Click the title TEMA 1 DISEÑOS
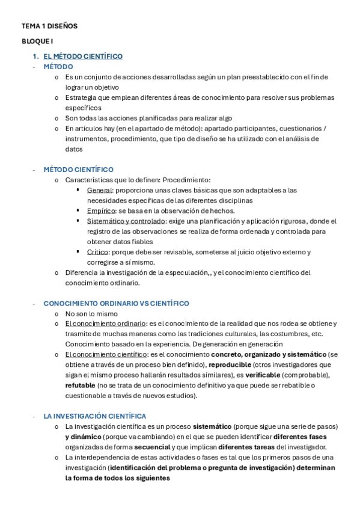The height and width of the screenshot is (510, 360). pyautogui.click(x=49, y=26)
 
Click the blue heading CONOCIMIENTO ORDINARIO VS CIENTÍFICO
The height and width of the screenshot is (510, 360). pyautogui.click(x=116, y=303)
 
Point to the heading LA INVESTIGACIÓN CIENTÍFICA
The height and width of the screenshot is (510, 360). pyautogui.click(x=94, y=416)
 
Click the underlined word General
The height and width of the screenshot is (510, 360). pyautogui.click(x=99, y=190)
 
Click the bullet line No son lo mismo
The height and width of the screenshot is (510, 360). pyautogui.click(x=91, y=313)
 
